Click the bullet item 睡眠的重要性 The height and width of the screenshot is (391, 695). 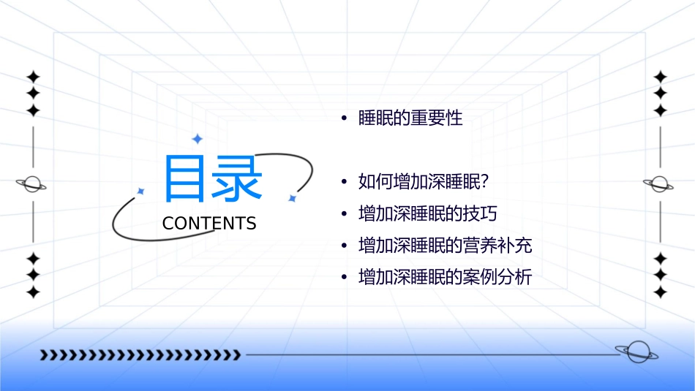pos(410,118)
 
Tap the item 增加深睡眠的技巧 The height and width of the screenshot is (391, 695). pos(427,213)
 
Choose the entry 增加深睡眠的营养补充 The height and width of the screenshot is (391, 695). pos(445,246)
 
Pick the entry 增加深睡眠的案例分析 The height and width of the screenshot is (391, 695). pos(445,278)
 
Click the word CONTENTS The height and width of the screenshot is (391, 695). pos(209,224)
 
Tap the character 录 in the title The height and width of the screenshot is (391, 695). pos(237,179)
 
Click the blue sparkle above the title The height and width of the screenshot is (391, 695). pos(197,139)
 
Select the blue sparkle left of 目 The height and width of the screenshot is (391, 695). pos(141,191)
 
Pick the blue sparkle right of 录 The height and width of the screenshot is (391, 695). pos(292,198)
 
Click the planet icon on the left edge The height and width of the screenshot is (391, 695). pos(32,184)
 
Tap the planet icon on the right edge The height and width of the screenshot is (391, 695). pos(660,184)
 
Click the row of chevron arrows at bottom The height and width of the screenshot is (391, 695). pos(140,355)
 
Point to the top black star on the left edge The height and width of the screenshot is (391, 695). pos(33,77)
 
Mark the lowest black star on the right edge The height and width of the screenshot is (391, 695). pos(661,292)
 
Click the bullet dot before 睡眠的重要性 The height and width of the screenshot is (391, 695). pos(343,118)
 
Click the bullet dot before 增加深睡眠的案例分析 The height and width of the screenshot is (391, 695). pos(343,278)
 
